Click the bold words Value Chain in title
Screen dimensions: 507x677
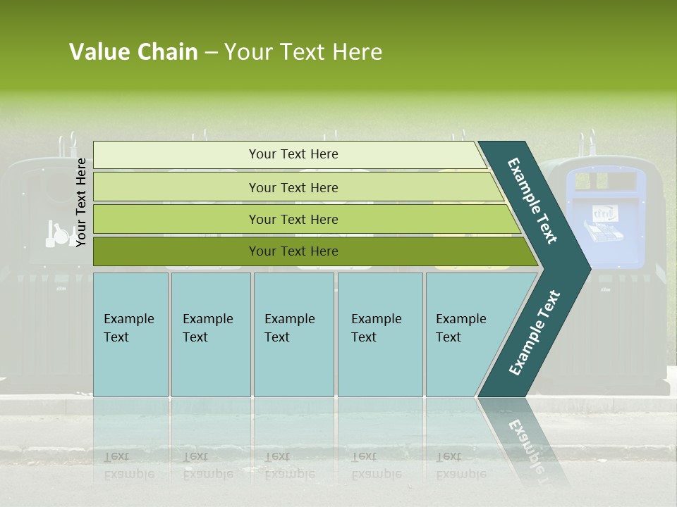coord(133,52)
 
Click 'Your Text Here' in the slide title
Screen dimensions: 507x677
coord(303,52)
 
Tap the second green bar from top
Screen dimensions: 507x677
coord(293,187)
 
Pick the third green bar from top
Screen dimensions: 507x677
coord(293,219)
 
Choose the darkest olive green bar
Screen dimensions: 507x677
coord(293,251)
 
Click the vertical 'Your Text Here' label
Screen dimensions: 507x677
coord(81,202)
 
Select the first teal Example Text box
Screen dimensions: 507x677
coord(130,334)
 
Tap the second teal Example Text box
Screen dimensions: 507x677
coord(210,334)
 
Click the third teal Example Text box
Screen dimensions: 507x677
coord(293,334)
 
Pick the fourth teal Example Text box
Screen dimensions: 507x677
coord(379,334)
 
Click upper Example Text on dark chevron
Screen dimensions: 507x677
coord(532,201)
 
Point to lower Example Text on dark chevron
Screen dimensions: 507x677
coord(534,332)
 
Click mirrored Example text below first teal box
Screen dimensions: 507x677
coord(129,465)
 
